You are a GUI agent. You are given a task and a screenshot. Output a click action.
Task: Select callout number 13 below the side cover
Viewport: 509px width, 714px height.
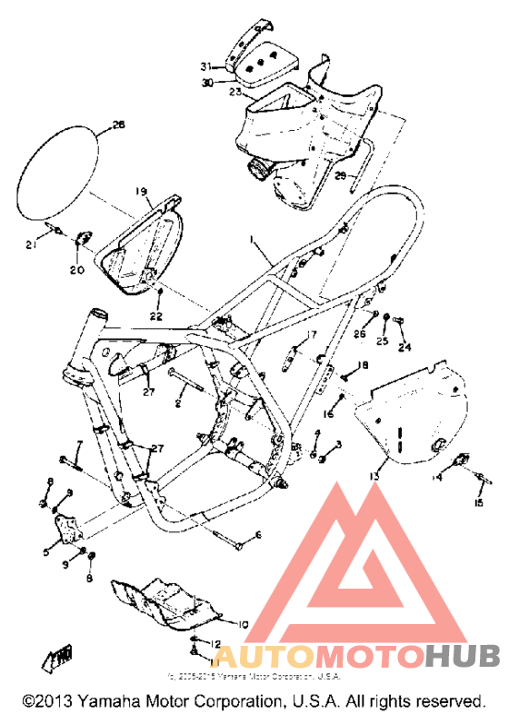pyautogui.click(x=374, y=475)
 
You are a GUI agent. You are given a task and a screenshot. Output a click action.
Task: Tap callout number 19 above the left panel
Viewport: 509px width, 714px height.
pyautogui.click(x=141, y=192)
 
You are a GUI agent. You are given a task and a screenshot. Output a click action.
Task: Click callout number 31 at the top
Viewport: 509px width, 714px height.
pyautogui.click(x=206, y=66)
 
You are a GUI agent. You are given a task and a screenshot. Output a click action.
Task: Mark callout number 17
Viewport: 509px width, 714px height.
pyautogui.click(x=312, y=334)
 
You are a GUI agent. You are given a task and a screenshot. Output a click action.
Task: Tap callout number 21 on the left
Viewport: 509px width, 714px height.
pyautogui.click(x=30, y=245)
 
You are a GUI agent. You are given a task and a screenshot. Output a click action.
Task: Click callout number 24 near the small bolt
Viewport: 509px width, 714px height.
pyautogui.click(x=404, y=346)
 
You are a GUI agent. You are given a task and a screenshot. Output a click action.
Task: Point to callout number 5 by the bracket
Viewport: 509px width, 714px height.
pyautogui.click(x=47, y=550)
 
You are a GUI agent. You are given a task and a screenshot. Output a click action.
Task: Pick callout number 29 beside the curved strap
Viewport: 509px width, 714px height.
pyautogui.click(x=340, y=174)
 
